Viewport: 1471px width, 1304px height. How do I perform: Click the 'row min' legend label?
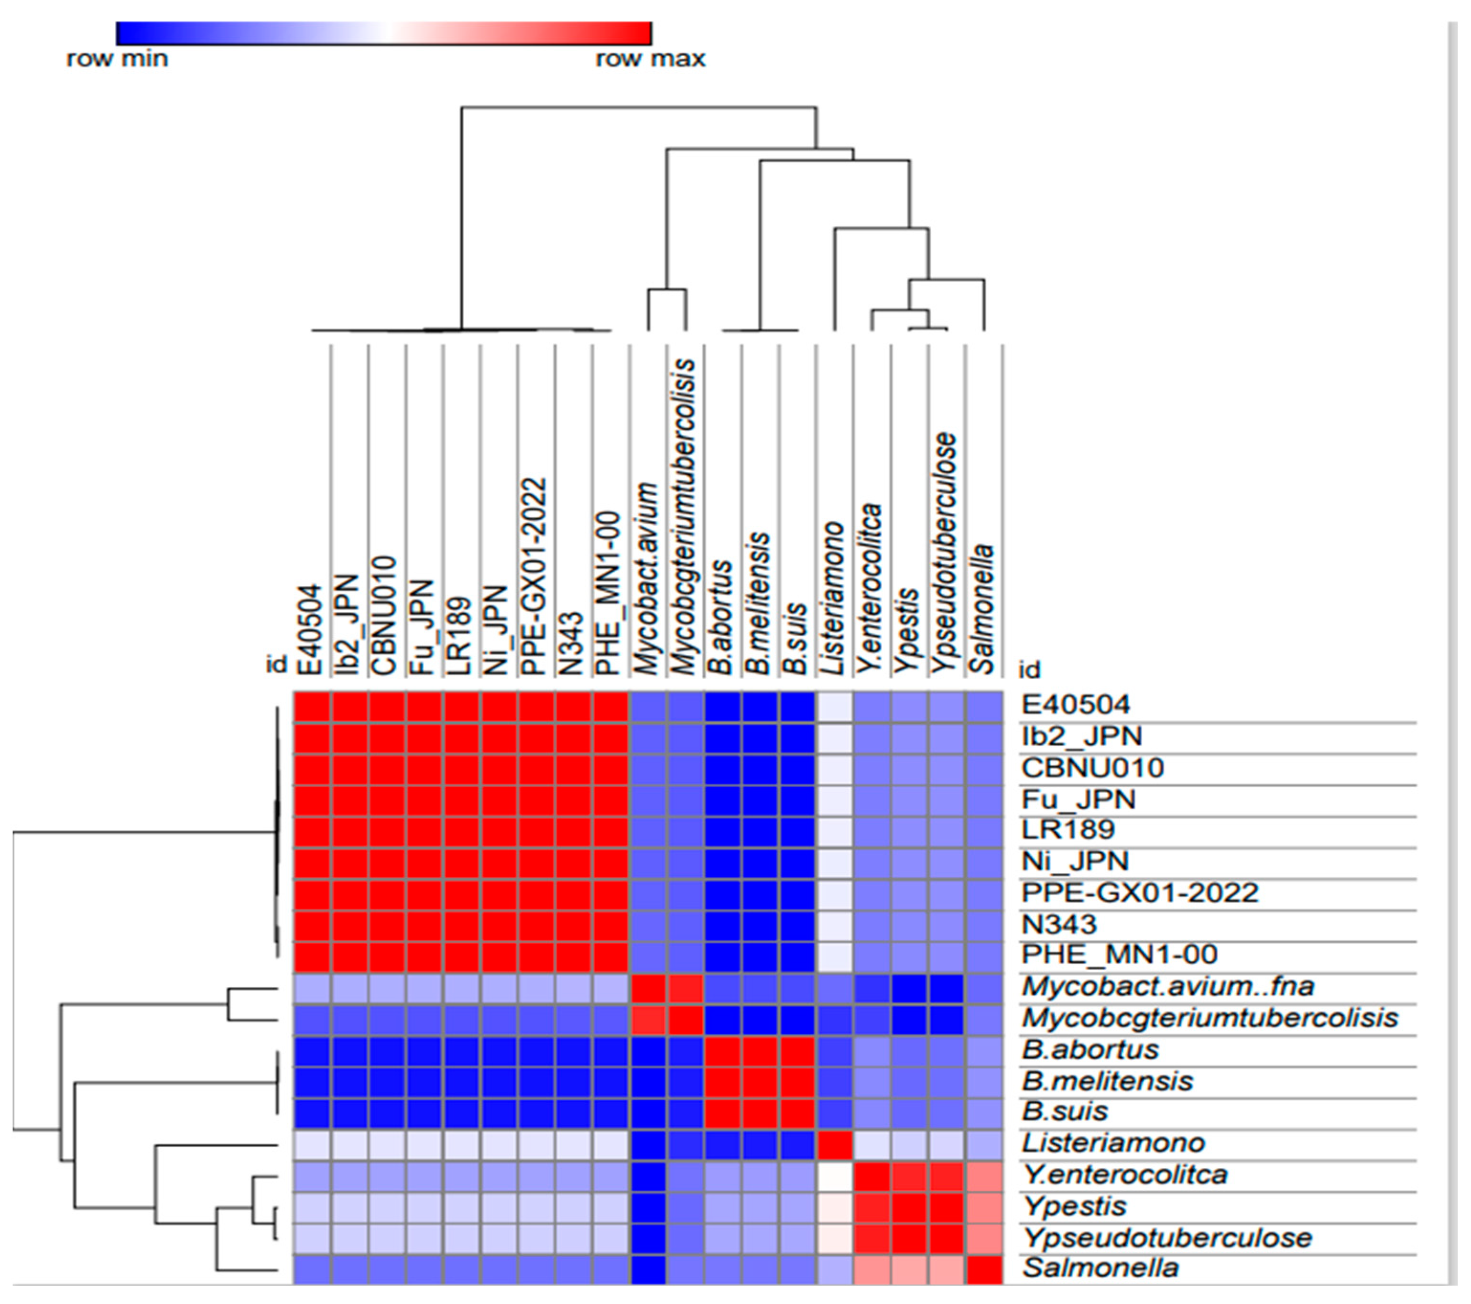pyautogui.click(x=117, y=59)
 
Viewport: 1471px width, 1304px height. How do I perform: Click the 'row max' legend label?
pyautogui.click(x=651, y=59)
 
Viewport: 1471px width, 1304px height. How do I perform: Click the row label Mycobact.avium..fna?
pyautogui.click(x=1168, y=985)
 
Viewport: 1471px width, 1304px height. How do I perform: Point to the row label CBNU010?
pyautogui.click(x=1092, y=767)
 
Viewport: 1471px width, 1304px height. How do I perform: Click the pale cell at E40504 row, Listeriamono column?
pyautogui.click(x=835, y=705)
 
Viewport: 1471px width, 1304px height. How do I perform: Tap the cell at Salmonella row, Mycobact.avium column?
pyautogui.click(x=648, y=1267)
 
